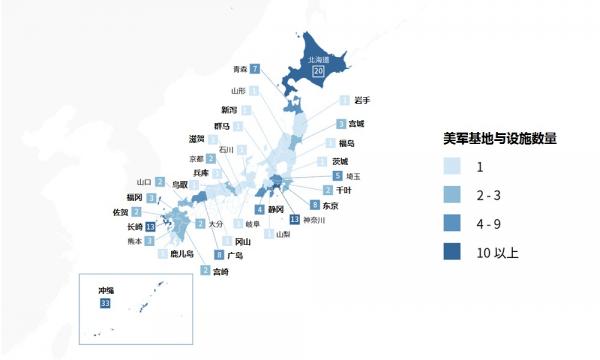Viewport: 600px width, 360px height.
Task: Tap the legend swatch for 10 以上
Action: [x=456, y=254]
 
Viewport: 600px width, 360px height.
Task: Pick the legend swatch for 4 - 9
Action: [x=456, y=224]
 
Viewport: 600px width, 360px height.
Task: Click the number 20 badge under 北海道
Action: [x=319, y=72]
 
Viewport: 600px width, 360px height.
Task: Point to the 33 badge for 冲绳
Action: [x=105, y=303]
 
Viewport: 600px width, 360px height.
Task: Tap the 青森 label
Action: [x=239, y=69]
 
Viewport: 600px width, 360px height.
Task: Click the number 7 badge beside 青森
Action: [x=255, y=69]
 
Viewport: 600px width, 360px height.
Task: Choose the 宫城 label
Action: [x=357, y=124]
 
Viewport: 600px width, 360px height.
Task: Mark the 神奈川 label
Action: [x=315, y=219]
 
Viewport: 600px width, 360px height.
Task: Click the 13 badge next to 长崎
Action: [x=150, y=227]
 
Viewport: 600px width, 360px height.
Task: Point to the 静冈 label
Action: [x=276, y=209]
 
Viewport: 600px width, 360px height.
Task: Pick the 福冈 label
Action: [x=135, y=198]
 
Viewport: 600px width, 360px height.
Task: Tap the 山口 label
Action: [x=143, y=181]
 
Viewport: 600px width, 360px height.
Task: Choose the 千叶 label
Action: [x=343, y=190]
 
